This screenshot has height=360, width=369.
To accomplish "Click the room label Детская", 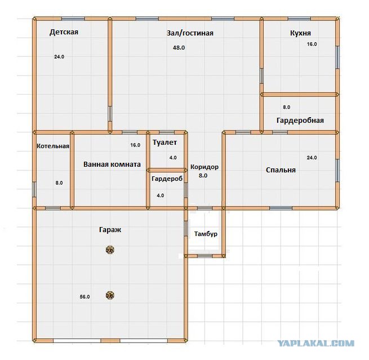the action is pos(64,32).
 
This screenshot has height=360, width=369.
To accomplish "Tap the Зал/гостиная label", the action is pos(190,33).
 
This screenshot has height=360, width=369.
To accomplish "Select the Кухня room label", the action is pos(300,33).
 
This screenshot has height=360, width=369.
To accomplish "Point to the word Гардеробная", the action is pos(300,121).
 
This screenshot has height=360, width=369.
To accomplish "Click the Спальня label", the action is pos(281,170).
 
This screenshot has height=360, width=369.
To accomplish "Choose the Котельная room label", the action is pos(53,146).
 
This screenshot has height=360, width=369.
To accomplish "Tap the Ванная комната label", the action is pos(112,165).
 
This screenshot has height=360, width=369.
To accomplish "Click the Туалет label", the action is pos(165,143).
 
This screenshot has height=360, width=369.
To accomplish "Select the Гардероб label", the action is pos(167,179).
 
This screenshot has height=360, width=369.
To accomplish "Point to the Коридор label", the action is pos(204,167).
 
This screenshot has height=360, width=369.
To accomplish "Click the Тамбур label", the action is pos(206,234).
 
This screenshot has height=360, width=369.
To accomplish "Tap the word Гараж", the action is pos(110,230).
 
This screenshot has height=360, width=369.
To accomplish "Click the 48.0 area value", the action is pos(179,48).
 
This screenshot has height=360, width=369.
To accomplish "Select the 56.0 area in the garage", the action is pos(85,297).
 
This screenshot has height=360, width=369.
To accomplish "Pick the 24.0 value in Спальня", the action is pos(312,158).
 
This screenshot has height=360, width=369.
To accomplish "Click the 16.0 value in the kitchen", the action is pos(312,44).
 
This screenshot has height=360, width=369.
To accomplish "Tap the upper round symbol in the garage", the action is pos(110,250).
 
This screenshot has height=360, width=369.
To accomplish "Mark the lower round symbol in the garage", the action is pos(110,295).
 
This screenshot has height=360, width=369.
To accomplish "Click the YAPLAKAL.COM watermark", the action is pos(316,343).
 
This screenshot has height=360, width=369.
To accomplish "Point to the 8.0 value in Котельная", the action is pos(59,183).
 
